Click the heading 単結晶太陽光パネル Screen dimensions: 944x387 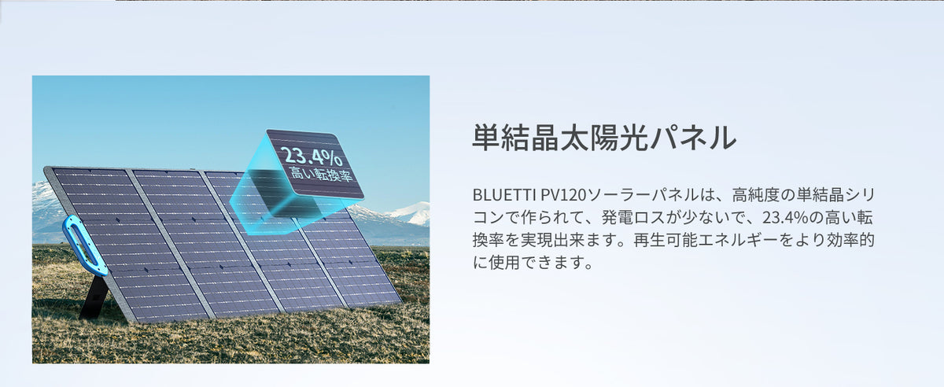coord(604,138)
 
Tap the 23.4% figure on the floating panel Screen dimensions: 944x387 coord(312,157)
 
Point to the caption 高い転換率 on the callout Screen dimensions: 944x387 coord(321,174)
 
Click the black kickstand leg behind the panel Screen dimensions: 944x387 coord(94,297)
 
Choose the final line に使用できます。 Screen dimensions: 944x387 coord(533,263)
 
